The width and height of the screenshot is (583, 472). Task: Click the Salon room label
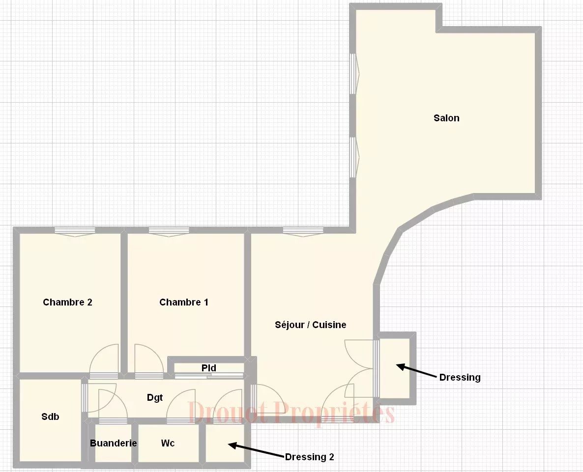pyautogui.click(x=446, y=118)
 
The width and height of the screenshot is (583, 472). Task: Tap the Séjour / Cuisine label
pyautogui.click(x=310, y=325)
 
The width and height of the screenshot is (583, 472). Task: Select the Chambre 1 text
pyautogui.click(x=184, y=302)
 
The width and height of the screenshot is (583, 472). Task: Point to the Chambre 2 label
pyautogui.click(x=67, y=302)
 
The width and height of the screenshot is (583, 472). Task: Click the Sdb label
pyautogui.click(x=50, y=416)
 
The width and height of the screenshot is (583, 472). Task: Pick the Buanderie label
pyautogui.click(x=113, y=443)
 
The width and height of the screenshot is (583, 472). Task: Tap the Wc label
pyautogui.click(x=168, y=443)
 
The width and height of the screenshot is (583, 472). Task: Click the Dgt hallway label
pyautogui.click(x=155, y=398)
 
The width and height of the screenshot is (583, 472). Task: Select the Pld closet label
pyautogui.click(x=209, y=368)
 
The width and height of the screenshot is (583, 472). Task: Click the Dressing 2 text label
pyautogui.click(x=310, y=457)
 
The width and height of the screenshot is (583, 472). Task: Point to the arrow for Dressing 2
pyautogui.click(x=256, y=450)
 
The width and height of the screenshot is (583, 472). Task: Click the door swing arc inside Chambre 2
pyautogui.click(x=104, y=359)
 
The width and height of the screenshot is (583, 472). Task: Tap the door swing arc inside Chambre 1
pyautogui.click(x=149, y=359)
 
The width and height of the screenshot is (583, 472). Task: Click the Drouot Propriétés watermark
pyautogui.click(x=291, y=413)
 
